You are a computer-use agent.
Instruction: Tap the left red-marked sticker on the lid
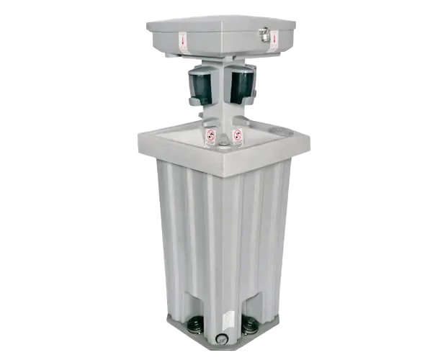[x=183, y=41]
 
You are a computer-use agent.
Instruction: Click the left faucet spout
[x=194, y=105]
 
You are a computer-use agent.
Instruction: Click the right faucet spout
[x=249, y=105]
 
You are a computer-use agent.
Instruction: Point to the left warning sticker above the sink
[x=210, y=135]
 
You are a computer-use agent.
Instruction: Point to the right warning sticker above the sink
[x=237, y=135]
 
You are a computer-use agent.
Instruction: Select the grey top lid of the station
[x=220, y=29]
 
